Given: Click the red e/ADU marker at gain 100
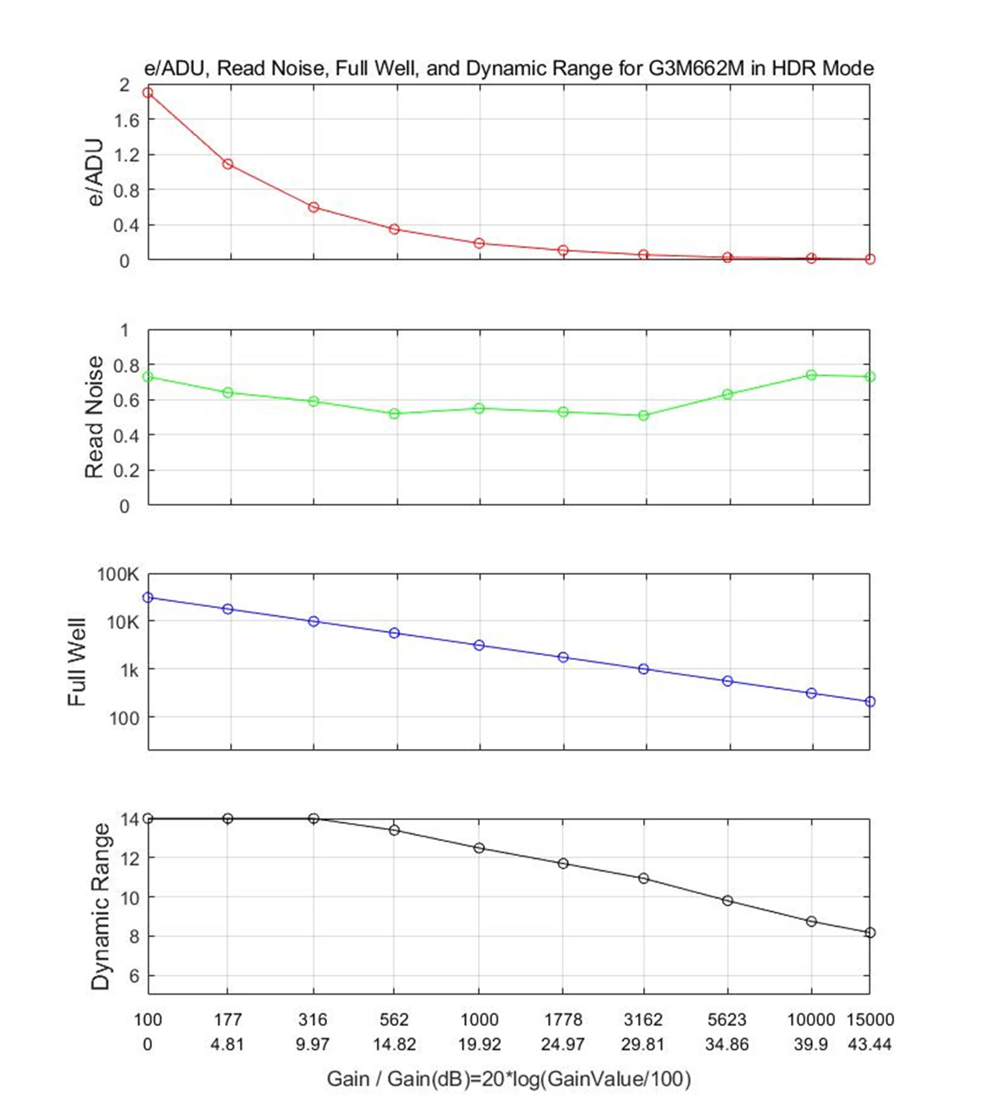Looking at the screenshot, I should click(x=148, y=93).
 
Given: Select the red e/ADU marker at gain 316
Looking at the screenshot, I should click(x=314, y=207).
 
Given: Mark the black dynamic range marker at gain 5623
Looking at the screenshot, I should click(x=728, y=901).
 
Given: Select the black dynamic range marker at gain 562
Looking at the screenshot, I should click(x=394, y=830).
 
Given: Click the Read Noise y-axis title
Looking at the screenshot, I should click(x=94, y=417).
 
